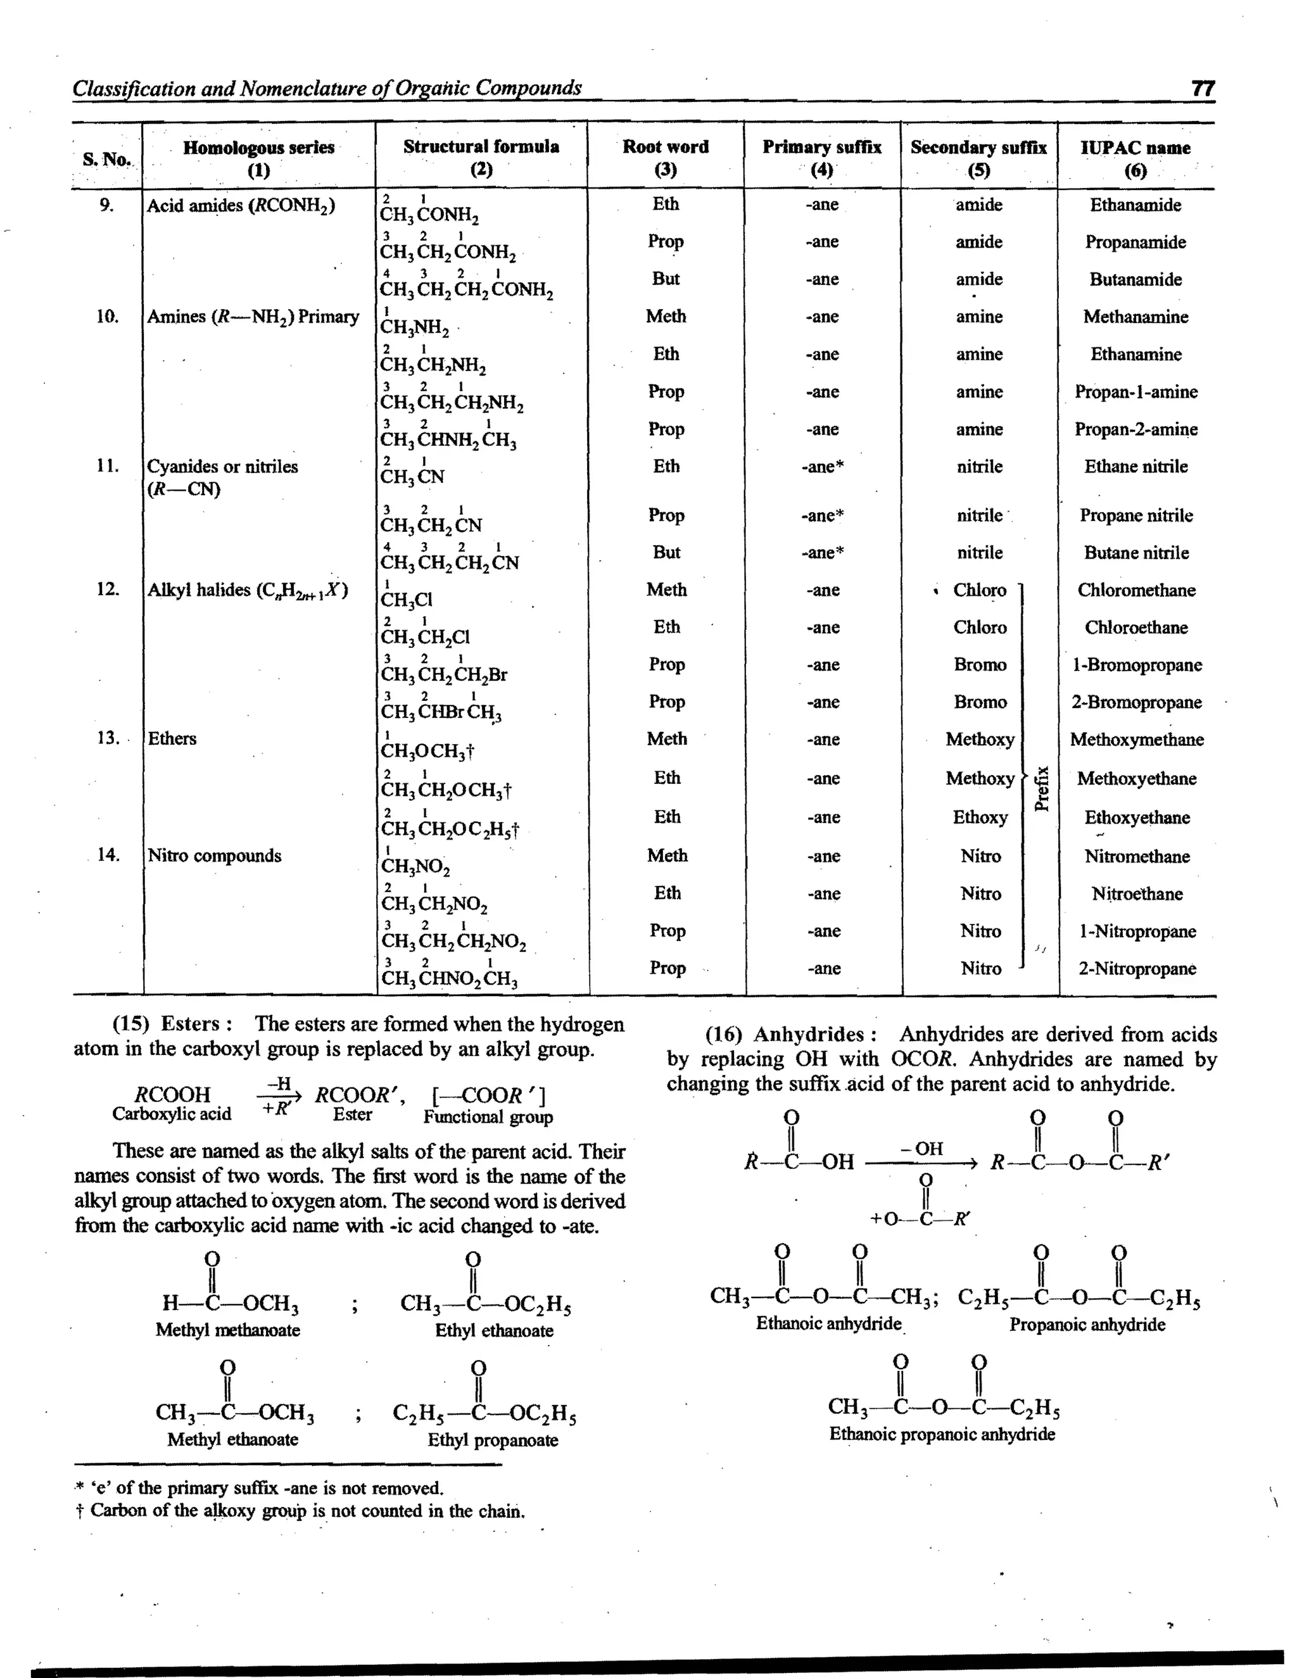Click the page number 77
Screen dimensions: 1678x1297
coord(1203,89)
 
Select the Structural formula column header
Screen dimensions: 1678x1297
coord(481,147)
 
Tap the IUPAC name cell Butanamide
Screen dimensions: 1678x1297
coord(1135,280)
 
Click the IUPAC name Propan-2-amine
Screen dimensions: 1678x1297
coord(1136,429)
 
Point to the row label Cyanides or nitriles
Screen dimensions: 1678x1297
coord(222,467)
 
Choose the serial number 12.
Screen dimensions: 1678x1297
coord(108,590)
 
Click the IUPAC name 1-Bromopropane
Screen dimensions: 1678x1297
coord(1136,666)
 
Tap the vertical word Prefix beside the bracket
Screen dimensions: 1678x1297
coord(1042,788)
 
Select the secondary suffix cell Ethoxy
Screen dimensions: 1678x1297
coord(980,817)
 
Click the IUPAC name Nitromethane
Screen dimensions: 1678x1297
coord(1136,857)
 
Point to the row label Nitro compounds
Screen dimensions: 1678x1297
coord(215,856)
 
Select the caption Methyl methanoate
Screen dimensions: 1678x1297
coord(227,1330)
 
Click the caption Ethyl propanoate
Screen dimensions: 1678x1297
coord(493,1440)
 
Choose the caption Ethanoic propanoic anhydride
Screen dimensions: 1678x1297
coord(941,1434)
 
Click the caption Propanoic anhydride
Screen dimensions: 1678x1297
coord(1087,1325)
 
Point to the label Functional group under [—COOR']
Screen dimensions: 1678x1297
coord(488,1117)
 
